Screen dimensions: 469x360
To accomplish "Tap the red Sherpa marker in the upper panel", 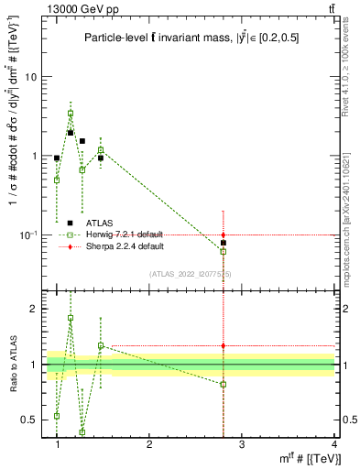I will coord(224,235).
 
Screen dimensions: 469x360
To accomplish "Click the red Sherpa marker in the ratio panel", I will coord(224,345).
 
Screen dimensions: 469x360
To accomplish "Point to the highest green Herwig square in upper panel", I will coord(71,114).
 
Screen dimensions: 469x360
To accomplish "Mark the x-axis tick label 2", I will coord(149,445).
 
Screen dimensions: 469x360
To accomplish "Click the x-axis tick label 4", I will coord(334,445).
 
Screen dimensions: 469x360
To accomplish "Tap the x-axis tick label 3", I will coord(242,445).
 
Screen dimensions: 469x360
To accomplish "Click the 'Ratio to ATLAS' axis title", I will coord(13,365).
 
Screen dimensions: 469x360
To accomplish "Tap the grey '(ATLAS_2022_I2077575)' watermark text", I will coord(191,274).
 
